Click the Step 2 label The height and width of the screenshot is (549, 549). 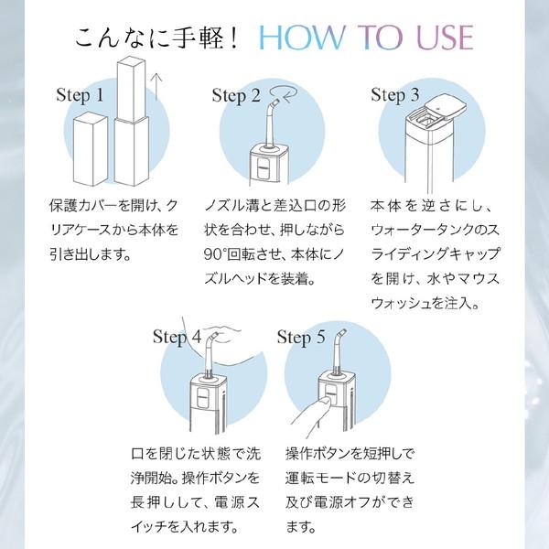click(x=236, y=96)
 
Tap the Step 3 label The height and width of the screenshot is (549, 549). click(x=394, y=94)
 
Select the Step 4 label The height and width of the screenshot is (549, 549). click(x=177, y=337)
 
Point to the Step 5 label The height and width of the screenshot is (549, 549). click(x=301, y=338)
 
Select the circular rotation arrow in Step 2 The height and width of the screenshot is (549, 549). click(x=283, y=91)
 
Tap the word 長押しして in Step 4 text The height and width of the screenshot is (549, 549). click(x=160, y=503)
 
